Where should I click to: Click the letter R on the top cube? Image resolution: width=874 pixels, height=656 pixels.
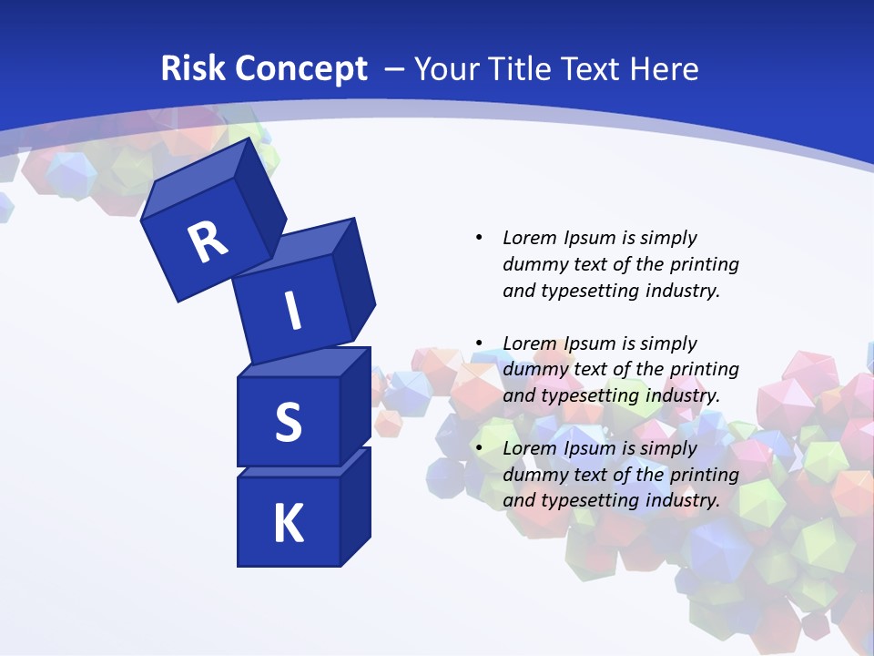[208, 241]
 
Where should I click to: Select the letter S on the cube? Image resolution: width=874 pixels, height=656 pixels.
[288, 422]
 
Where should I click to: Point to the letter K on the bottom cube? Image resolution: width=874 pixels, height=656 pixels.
[288, 524]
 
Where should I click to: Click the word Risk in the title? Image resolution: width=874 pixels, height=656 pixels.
[193, 69]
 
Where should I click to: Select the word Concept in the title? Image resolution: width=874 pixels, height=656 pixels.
[300, 69]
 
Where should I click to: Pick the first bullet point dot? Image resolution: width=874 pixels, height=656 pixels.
[479, 238]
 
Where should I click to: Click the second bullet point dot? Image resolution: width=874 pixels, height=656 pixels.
[479, 343]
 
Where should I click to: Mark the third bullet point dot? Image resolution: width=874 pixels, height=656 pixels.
[479, 448]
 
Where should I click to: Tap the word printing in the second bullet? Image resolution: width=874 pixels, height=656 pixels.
[704, 369]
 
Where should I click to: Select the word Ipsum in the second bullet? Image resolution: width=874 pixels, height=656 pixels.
[591, 343]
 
